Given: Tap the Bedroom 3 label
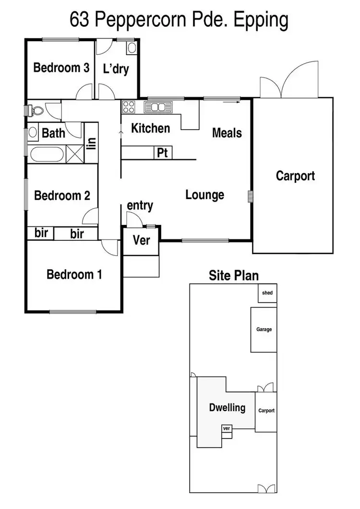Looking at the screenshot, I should coord(61,68).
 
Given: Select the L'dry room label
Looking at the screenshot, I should coord(116,69).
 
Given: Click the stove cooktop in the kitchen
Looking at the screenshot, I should coord(129,107).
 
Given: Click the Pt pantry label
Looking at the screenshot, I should coord(163,153).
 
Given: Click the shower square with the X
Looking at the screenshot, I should coord(74,155).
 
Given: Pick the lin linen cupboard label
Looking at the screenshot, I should coord(91,143).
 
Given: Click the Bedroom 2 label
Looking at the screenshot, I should coord(62,196).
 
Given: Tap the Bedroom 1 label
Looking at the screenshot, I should coord(74,274).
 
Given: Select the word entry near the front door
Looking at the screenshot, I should coord(140,206).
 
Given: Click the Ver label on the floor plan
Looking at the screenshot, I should coord(141,240).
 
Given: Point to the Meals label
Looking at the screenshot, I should coord(227,132).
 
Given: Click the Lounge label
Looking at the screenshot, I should coord(205,195).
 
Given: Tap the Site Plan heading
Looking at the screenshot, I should coord(233,275).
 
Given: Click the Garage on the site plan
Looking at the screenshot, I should coord(264,330).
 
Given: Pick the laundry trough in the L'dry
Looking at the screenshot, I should coord(132,47).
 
